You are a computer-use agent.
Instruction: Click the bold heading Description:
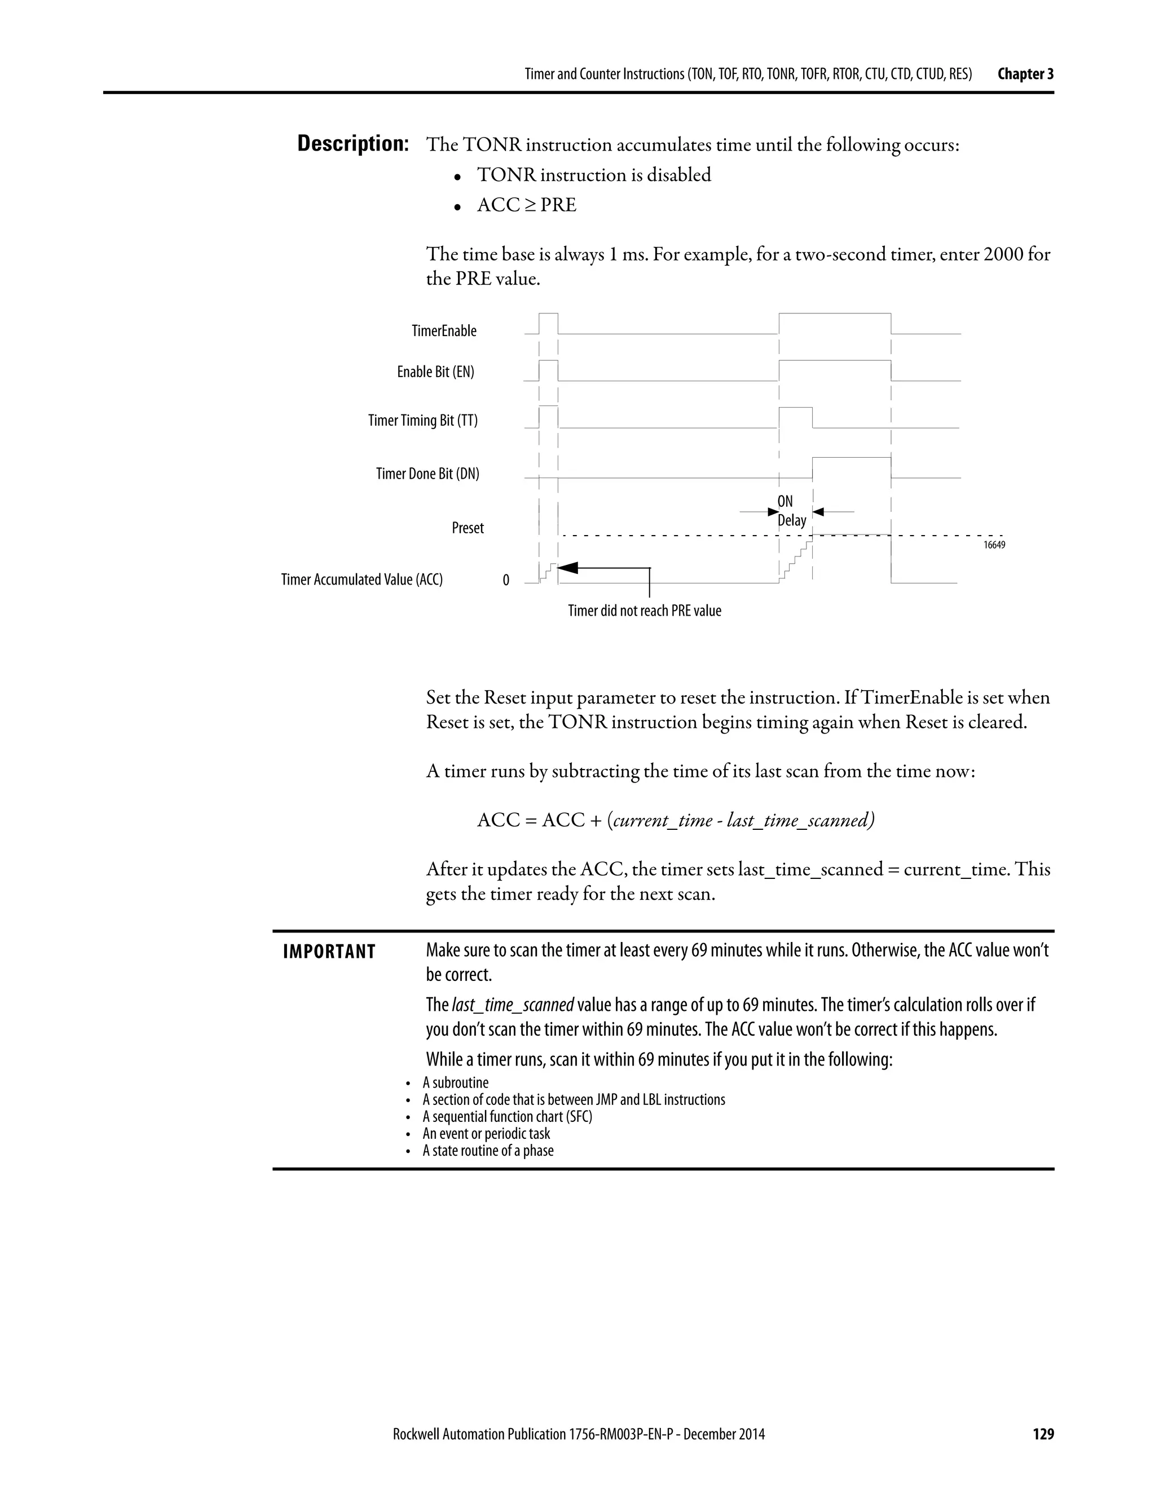point(353,144)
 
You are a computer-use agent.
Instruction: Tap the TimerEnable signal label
point(444,331)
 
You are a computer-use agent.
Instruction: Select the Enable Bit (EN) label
point(435,372)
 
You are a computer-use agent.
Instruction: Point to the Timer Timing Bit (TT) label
point(423,420)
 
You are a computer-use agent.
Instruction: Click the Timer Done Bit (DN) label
point(427,474)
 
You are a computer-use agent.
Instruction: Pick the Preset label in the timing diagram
point(468,528)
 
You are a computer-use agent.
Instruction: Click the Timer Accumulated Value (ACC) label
point(362,580)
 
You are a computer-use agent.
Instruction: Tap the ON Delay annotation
point(791,511)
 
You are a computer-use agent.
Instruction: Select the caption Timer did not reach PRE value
point(645,611)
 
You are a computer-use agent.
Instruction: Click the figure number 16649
point(994,545)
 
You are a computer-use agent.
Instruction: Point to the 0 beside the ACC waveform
point(506,581)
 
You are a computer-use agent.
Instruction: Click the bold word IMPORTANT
point(329,952)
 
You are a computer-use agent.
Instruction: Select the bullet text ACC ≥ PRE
point(526,205)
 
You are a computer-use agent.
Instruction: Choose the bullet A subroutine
point(456,1082)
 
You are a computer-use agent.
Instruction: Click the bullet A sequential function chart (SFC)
point(507,1116)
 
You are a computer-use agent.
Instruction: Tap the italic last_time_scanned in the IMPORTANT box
point(513,1005)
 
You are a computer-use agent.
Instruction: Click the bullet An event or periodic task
point(486,1134)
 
